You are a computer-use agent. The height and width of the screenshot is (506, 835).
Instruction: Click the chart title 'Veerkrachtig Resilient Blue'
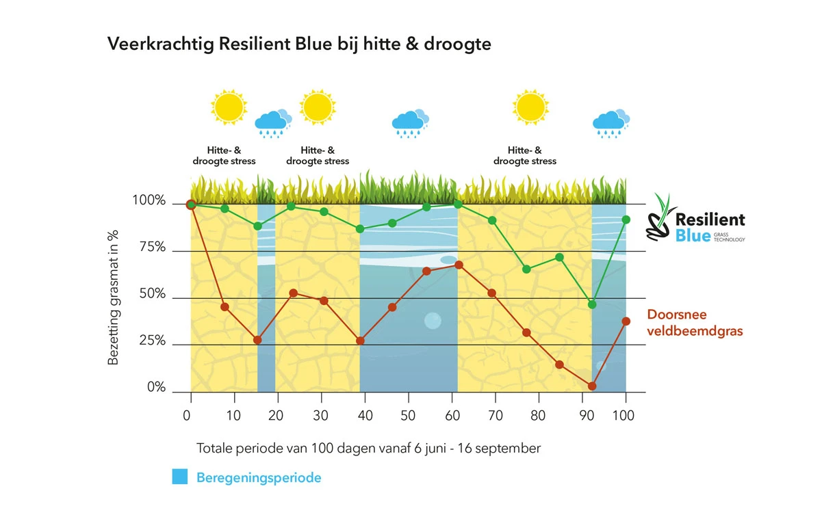299,44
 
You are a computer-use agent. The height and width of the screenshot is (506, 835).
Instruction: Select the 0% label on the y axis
156,387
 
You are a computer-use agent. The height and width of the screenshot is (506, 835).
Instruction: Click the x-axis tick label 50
408,415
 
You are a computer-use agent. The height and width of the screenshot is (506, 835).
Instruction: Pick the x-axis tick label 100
624,415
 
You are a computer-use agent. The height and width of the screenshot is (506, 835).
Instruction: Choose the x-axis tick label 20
276,415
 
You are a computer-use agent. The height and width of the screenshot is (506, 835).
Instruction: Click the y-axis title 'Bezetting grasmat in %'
114,297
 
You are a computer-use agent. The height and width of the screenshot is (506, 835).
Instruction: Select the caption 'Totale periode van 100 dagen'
368,449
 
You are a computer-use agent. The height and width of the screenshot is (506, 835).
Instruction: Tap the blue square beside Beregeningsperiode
180,477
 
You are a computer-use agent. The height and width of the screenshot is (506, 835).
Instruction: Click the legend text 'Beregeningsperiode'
259,477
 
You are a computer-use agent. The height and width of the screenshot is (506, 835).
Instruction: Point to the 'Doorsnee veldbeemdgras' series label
695,323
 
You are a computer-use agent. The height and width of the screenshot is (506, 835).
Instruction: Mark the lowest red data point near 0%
592,386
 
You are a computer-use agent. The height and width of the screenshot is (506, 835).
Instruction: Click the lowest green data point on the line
592,304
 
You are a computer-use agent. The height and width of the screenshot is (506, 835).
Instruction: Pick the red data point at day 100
626,321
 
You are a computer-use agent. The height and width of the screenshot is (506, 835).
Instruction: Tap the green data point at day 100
626,219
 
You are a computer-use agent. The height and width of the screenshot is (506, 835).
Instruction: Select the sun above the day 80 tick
530,107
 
